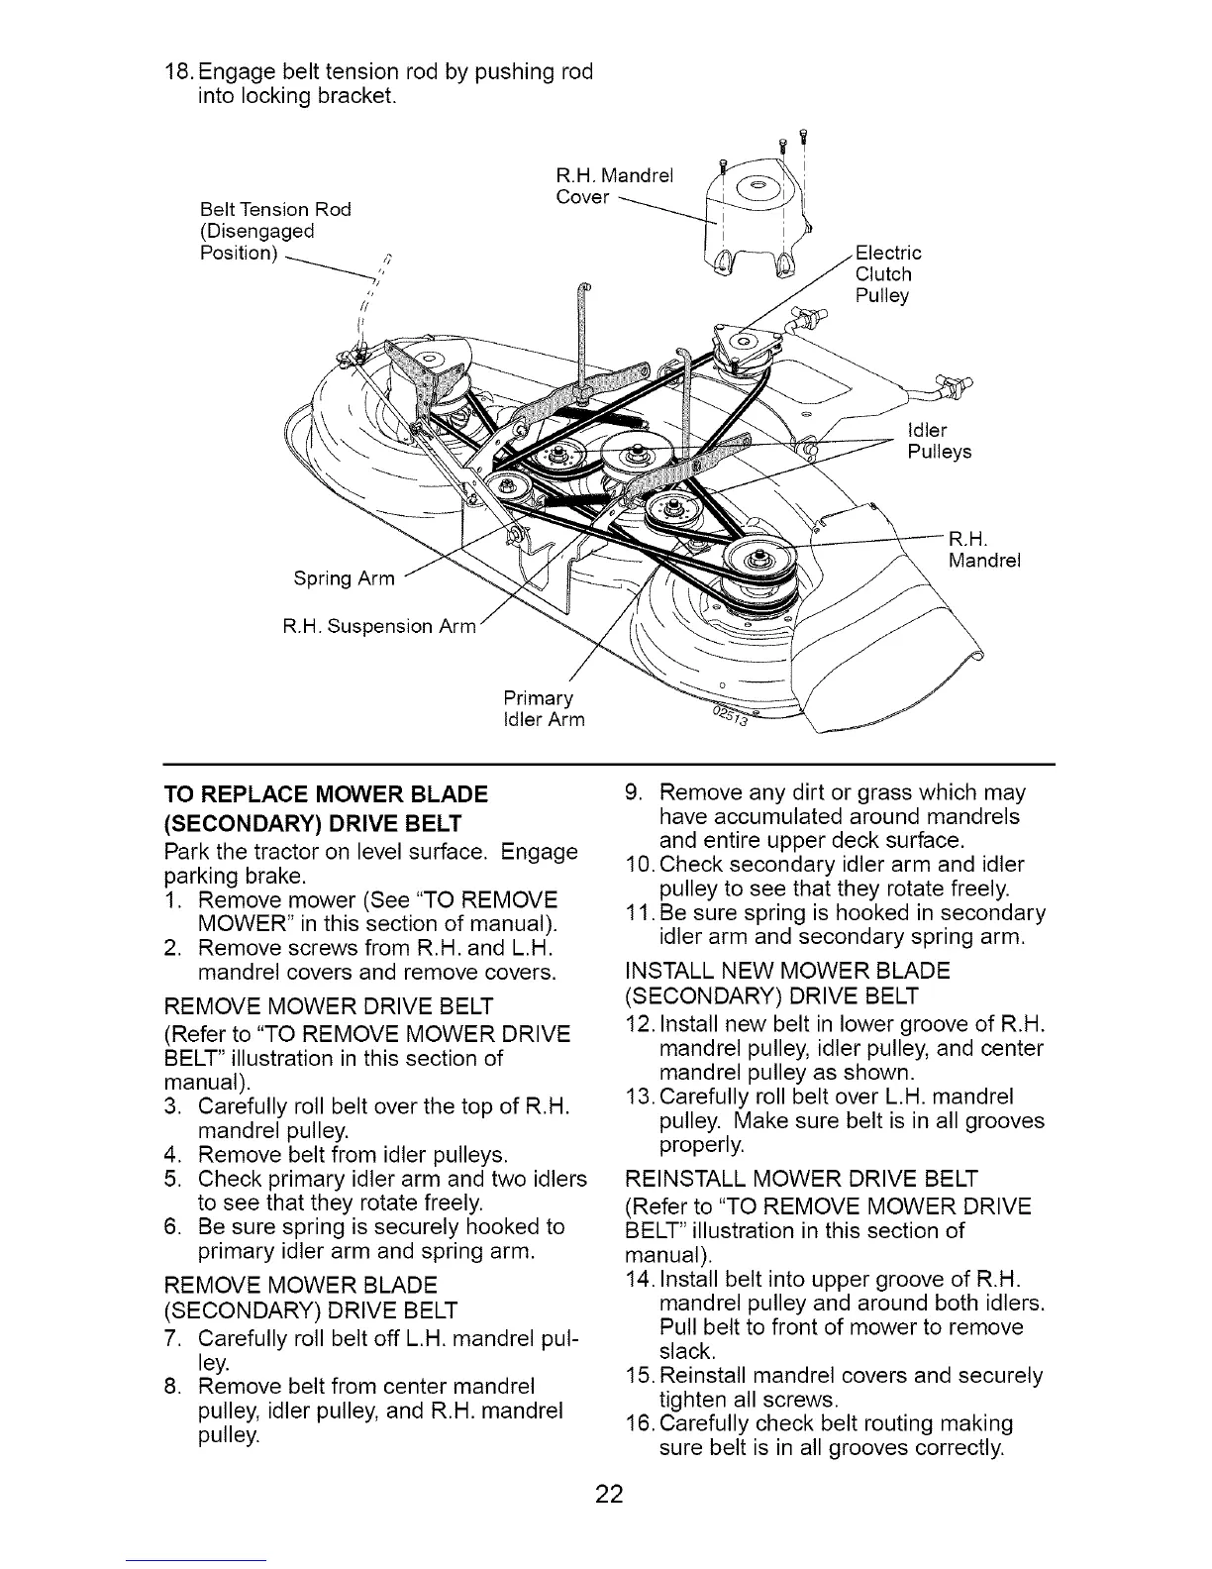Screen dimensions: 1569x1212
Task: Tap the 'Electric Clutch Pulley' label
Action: (x=887, y=274)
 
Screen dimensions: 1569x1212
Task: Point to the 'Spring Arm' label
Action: (x=344, y=578)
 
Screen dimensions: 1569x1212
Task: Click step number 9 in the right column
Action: (x=634, y=793)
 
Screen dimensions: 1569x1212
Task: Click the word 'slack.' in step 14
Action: (x=686, y=1351)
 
